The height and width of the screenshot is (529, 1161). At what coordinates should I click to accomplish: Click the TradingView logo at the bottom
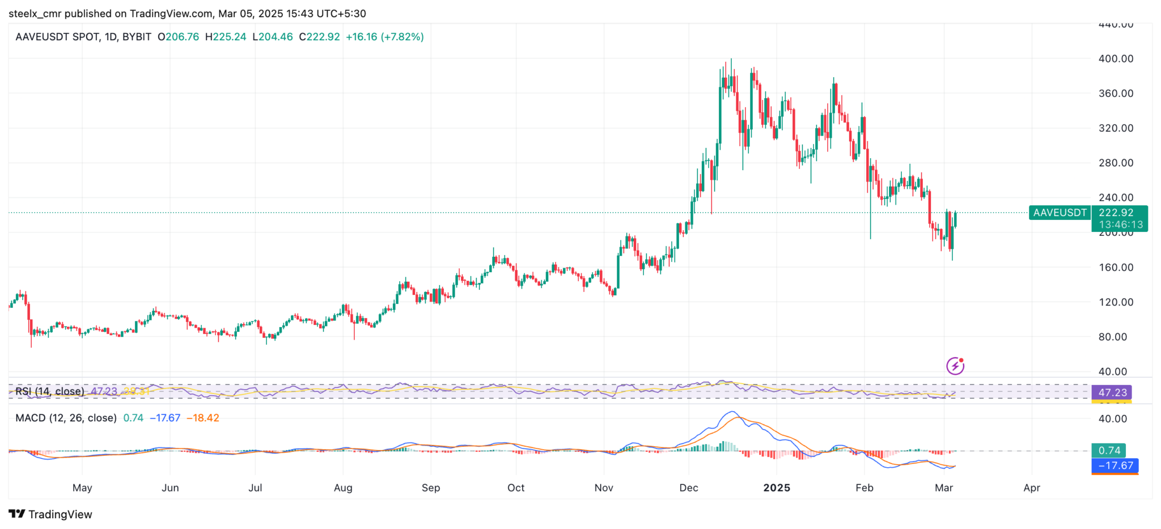click(50, 514)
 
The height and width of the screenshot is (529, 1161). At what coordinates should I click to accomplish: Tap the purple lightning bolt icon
click(955, 366)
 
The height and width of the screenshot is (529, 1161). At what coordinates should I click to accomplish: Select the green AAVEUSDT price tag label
click(1060, 213)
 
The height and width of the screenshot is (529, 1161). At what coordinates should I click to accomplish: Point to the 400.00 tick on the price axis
click(1116, 58)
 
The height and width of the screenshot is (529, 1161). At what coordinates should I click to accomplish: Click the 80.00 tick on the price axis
click(1112, 337)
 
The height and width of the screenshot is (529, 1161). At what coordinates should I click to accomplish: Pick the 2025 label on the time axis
click(776, 488)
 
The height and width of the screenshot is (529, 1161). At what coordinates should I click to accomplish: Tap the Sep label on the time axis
click(430, 488)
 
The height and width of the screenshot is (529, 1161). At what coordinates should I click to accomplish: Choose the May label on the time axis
click(82, 488)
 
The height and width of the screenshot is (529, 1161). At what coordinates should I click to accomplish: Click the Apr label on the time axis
click(1031, 488)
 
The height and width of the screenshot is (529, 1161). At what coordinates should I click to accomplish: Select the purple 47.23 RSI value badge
click(1112, 392)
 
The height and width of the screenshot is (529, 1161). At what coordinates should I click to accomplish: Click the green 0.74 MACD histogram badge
click(1109, 450)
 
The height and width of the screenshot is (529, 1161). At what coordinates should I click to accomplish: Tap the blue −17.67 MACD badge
click(1115, 465)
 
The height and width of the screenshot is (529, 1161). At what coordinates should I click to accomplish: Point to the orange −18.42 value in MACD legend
click(203, 418)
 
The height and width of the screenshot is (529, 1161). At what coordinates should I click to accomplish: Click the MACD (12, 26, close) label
click(66, 418)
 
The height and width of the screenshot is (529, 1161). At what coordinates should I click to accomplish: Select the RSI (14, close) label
click(50, 391)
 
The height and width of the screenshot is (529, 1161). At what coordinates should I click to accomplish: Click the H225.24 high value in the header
click(226, 37)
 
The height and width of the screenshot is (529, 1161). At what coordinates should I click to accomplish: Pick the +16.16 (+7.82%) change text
click(384, 37)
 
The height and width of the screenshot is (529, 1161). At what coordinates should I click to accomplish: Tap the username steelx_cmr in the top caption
click(35, 14)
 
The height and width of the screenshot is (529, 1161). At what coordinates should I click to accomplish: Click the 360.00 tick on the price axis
click(1116, 93)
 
